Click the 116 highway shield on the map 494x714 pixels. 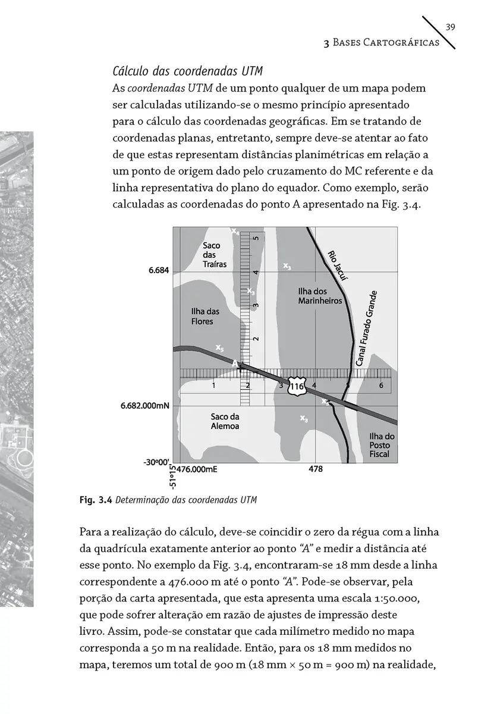pyautogui.click(x=297, y=387)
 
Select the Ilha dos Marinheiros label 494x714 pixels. pyautogui.click(x=320, y=296)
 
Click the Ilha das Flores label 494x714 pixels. pyautogui.click(x=205, y=317)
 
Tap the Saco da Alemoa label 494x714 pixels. pyautogui.click(x=225, y=421)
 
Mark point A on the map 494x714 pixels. pyautogui.click(x=235, y=363)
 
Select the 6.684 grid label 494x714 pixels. pyautogui.click(x=159, y=270)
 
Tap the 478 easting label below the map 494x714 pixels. pyautogui.click(x=316, y=469)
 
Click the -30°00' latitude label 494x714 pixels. pyautogui.click(x=156, y=461)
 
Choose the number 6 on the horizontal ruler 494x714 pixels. pyautogui.click(x=380, y=386)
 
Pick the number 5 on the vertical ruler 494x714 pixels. pyautogui.click(x=256, y=238)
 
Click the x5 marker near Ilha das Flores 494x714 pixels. pyautogui.click(x=219, y=347)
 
